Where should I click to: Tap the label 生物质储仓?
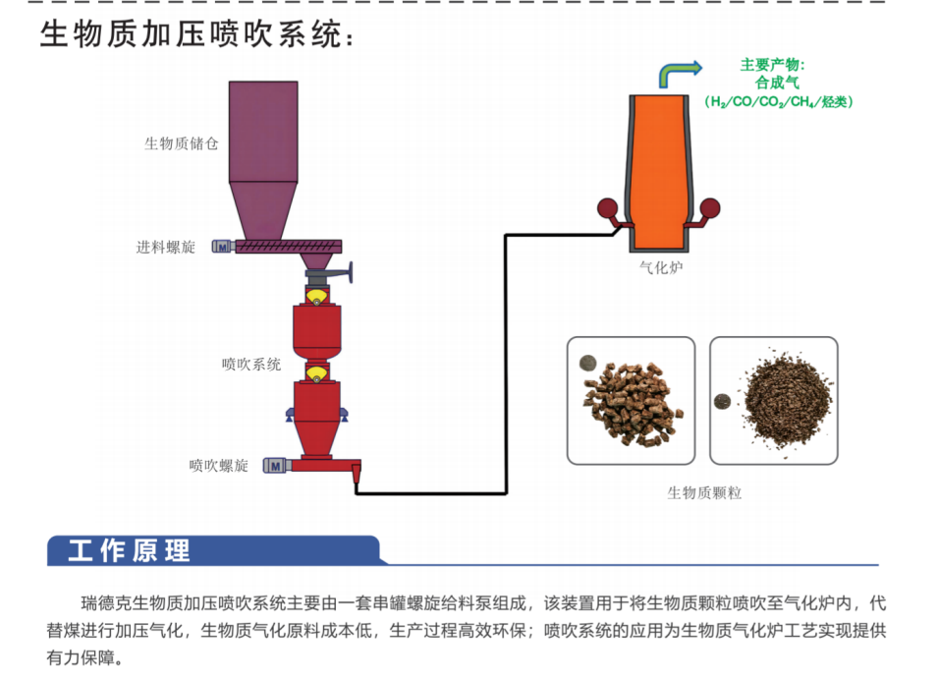coord(182,143)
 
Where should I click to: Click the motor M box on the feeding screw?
coord(223,247)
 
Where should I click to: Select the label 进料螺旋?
coord(166,248)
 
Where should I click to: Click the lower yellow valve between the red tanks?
coord(316,374)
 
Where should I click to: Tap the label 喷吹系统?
coord(251,364)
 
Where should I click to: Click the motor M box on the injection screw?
coord(275,465)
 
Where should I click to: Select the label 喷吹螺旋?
coord(218,466)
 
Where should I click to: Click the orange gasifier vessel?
coord(658,172)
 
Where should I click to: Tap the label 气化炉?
coord(660,267)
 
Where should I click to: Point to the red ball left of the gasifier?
coord(607,208)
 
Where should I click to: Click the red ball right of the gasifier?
coord(710,208)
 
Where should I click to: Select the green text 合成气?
coord(777,82)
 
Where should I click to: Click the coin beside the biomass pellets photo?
coord(588,363)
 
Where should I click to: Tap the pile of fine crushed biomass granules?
coord(787,398)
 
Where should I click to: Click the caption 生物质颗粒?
coord(704,492)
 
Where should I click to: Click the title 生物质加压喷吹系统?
coord(197,33)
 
